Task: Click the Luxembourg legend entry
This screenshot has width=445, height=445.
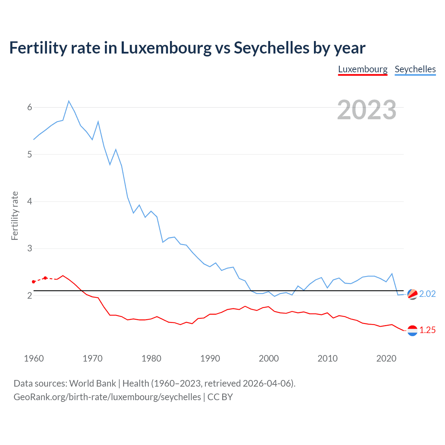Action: tap(363, 69)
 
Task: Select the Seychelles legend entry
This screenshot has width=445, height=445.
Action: tap(415, 69)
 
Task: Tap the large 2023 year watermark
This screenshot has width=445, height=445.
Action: tap(367, 110)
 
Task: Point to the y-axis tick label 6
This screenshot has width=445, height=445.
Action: tap(30, 107)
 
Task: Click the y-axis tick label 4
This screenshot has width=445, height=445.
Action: tap(30, 201)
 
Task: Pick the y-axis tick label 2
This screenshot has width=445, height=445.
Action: tap(30, 296)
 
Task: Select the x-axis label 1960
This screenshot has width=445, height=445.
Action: tap(34, 358)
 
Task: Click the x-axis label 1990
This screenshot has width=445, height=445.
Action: tap(210, 358)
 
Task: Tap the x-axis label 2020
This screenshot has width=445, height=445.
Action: tap(386, 358)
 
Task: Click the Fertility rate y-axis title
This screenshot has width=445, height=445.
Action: tap(15, 216)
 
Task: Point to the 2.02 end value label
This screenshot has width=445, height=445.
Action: tap(427, 294)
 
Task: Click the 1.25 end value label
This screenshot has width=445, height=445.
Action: tap(427, 330)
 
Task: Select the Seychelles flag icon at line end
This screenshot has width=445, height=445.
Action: tap(412, 294)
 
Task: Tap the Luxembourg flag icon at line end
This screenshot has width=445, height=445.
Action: tap(412, 330)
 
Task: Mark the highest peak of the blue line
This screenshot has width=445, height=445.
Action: tap(69, 101)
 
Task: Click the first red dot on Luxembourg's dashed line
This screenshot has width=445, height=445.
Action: tap(34, 282)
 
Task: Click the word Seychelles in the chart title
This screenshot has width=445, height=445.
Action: tap(271, 48)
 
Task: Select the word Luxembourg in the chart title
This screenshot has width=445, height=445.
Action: tap(166, 48)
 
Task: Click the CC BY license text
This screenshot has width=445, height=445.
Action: tap(220, 397)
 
